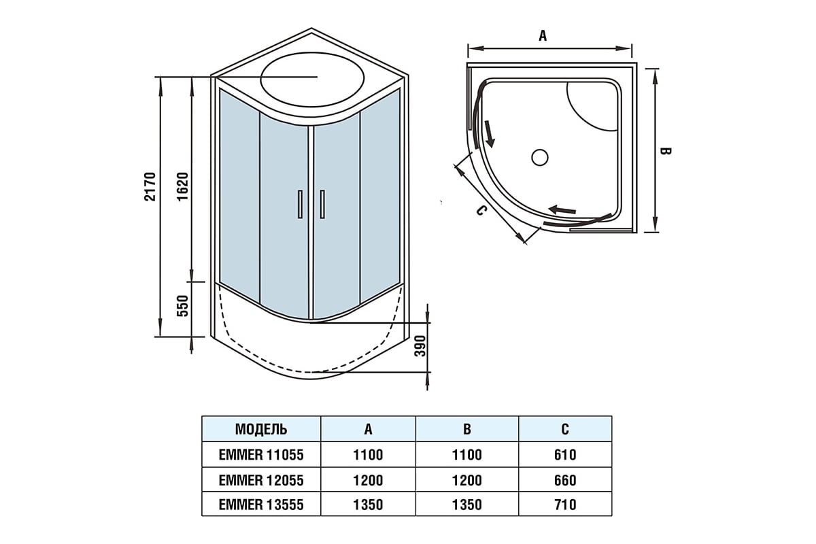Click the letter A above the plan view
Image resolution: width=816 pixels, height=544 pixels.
[543, 36]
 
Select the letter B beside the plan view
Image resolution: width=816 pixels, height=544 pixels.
[666, 150]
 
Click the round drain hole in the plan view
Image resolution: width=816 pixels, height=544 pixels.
[539, 158]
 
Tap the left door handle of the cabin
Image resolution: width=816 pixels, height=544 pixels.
[298, 204]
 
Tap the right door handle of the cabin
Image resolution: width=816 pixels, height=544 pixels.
[322, 204]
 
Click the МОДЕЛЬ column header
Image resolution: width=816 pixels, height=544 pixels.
[261, 430]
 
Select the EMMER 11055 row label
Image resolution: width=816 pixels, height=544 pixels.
[261, 455]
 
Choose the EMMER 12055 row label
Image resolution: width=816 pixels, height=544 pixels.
[261, 480]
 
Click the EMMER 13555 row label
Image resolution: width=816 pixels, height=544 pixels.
[261, 505]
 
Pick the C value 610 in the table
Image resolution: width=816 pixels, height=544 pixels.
[565, 455]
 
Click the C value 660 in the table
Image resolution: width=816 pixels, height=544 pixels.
[565, 480]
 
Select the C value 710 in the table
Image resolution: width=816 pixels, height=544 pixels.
[565, 505]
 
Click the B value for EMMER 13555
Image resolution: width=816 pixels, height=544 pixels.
[466, 505]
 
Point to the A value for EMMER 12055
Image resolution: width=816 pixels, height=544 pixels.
[368, 480]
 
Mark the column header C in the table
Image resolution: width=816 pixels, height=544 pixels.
[565, 430]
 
